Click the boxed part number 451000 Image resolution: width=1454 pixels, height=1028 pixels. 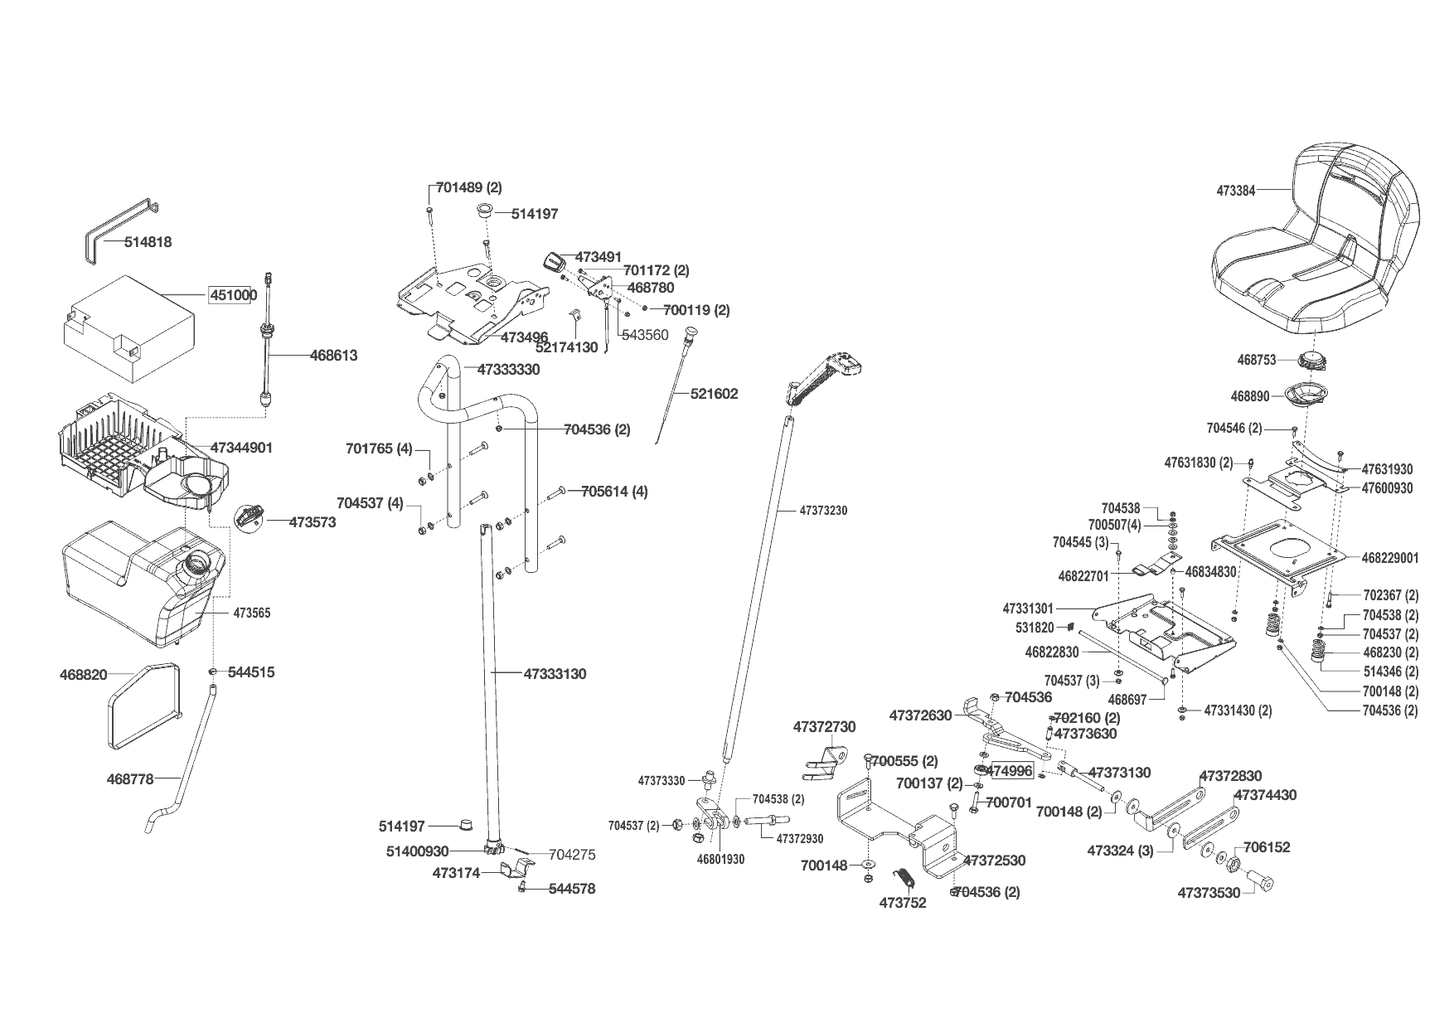(232, 295)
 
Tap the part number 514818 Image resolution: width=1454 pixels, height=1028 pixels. (148, 242)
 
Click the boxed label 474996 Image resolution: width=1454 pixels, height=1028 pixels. (1010, 771)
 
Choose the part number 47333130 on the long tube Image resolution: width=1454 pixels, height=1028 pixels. (555, 674)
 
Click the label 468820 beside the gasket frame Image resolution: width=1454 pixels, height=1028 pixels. (84, 675)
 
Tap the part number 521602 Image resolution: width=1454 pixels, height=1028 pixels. (714, 394)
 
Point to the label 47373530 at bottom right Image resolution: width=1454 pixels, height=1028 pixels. (1209, 893)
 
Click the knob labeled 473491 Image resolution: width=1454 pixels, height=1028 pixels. (553, 261)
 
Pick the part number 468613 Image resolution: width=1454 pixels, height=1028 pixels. (333, 356)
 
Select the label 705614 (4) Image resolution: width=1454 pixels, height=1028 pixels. (614, 492)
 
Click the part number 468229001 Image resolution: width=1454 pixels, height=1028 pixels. (1390, 558)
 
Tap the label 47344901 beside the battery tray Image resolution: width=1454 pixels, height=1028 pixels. (241, 448)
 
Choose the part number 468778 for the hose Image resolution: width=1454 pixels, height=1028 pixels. (130, 778)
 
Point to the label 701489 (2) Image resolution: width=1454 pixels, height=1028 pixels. (468, 188)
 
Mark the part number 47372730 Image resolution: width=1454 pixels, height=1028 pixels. (824, 727)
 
